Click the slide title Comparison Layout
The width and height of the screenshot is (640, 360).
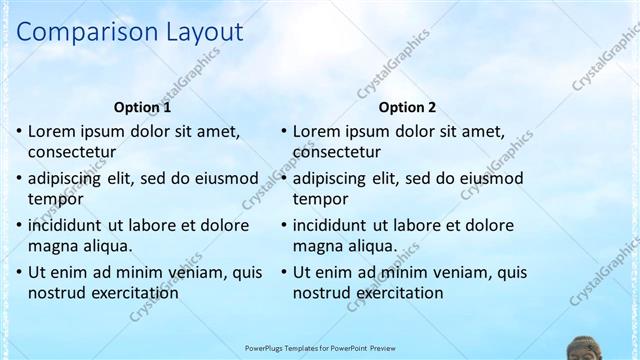pos(130,32)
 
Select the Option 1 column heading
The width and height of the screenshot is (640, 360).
pos(142,107)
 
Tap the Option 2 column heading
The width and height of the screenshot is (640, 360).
pos(407,107)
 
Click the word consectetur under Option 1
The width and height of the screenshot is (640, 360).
pos(72,153)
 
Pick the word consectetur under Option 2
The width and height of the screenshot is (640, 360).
pos(337,153)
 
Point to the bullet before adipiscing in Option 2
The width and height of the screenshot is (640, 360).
pos(284,178)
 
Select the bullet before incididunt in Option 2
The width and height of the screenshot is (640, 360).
pos(284,225)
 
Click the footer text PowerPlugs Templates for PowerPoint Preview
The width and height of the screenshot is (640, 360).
pos(320,348)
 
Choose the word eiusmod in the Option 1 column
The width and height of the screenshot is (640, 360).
pos(223,178)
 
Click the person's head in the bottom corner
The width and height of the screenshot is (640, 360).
pos(584,349)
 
